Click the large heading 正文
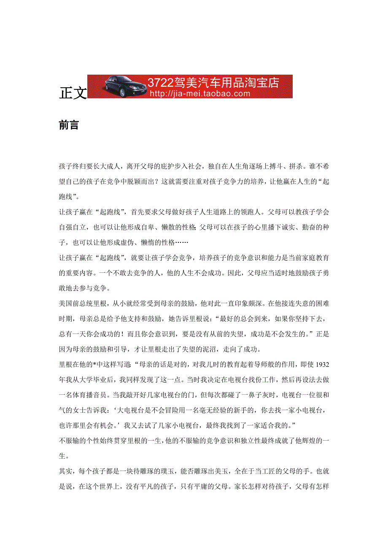[73, 93]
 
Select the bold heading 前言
[69, 125]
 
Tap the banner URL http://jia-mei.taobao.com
[200, 94]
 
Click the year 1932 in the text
[322, 352]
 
